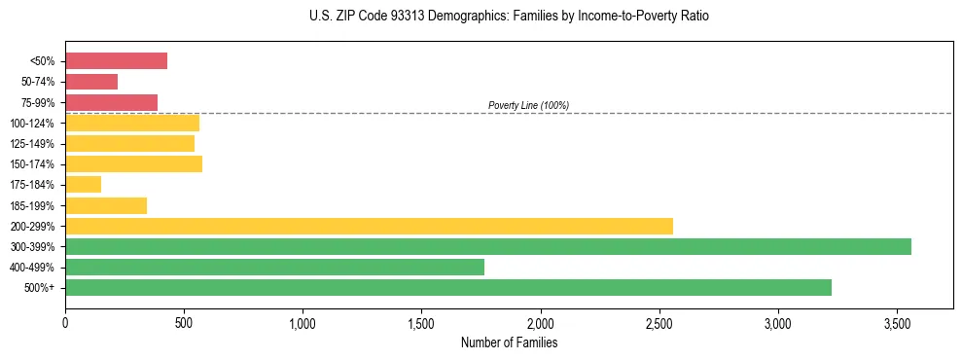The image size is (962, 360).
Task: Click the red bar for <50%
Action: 116,61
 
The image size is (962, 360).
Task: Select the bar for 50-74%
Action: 91,82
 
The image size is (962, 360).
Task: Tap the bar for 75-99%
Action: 111,102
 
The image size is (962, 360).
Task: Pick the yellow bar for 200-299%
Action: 369,226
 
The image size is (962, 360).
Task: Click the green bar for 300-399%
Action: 487,246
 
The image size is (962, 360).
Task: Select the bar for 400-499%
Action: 274,267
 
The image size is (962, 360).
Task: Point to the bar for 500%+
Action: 447,287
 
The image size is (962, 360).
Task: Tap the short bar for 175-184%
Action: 83,185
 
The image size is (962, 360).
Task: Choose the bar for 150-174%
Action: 133,163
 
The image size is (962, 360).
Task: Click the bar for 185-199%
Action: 106,205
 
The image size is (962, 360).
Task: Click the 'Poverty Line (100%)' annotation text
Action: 528,105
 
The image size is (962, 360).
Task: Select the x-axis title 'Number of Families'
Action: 509,342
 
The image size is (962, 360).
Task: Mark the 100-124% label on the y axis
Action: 32,124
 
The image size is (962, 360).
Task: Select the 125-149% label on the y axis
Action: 32,144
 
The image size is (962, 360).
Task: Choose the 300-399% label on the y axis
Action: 32,247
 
